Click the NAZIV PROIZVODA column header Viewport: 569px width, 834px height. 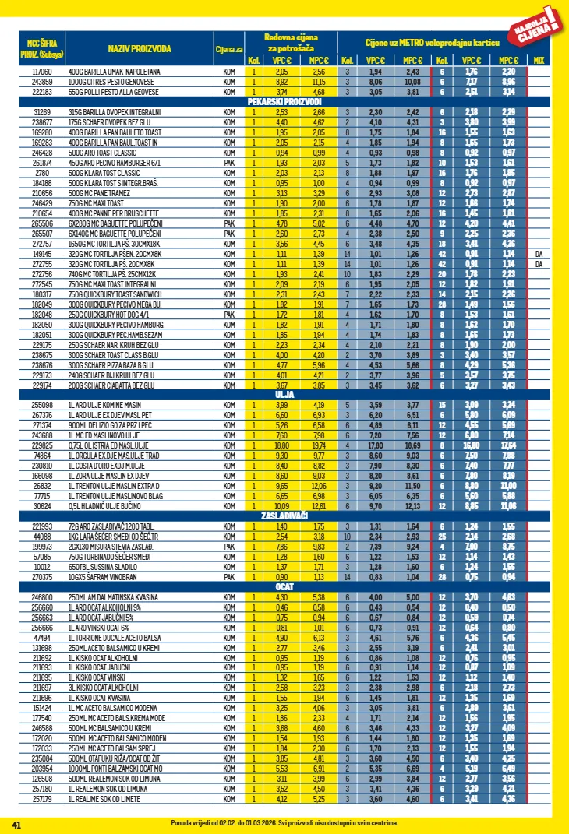(x=140, y=49)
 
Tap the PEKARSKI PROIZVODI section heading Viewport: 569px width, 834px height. (x=284, y=102)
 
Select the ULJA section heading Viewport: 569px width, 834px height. (x=284, y=395)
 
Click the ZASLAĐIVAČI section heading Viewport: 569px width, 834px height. (x=284, y=516)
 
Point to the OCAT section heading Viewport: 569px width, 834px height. (x=284, y=586)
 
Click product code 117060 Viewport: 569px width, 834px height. (x=41, y=71)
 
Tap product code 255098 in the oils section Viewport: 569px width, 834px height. (x=41, y=405)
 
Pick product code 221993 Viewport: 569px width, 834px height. (x=41, y=526)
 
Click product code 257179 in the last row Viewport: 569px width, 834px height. (x=41, y=798)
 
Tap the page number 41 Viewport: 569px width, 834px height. (x=16, y=823)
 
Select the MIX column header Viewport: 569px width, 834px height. (x=539, y=60)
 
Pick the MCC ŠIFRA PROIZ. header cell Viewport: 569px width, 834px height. (x=41, y=49)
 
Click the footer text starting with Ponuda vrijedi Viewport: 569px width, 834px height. (x=284, y=823)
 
